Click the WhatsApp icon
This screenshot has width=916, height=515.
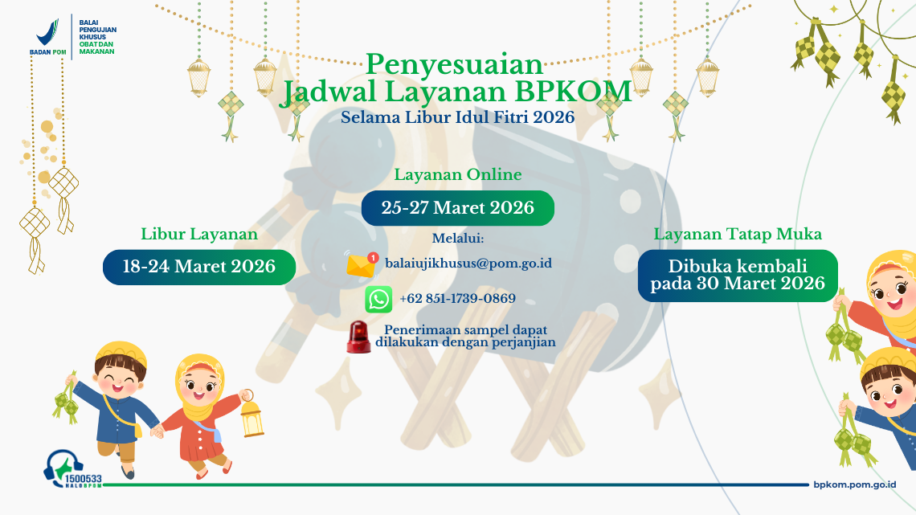(378, 299)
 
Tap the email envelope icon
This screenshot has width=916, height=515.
(362, 264)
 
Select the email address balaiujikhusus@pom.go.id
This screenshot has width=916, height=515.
(468, 263)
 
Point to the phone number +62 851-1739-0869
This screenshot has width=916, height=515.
(457, 299)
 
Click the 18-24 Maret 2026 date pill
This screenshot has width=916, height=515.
(198, 267)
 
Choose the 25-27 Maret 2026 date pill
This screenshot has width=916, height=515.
(457, 208)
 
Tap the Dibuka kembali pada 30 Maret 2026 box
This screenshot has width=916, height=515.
(738, 275)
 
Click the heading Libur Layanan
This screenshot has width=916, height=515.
(199, 234)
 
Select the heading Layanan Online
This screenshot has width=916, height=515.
(457, 174)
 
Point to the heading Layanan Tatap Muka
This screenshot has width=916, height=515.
(738, 234)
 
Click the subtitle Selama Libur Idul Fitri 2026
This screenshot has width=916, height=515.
(457, 117)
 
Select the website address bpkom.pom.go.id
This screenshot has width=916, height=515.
(854, 484)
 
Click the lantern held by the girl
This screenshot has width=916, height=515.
(251, 417)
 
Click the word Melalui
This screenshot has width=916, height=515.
(458, 238)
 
